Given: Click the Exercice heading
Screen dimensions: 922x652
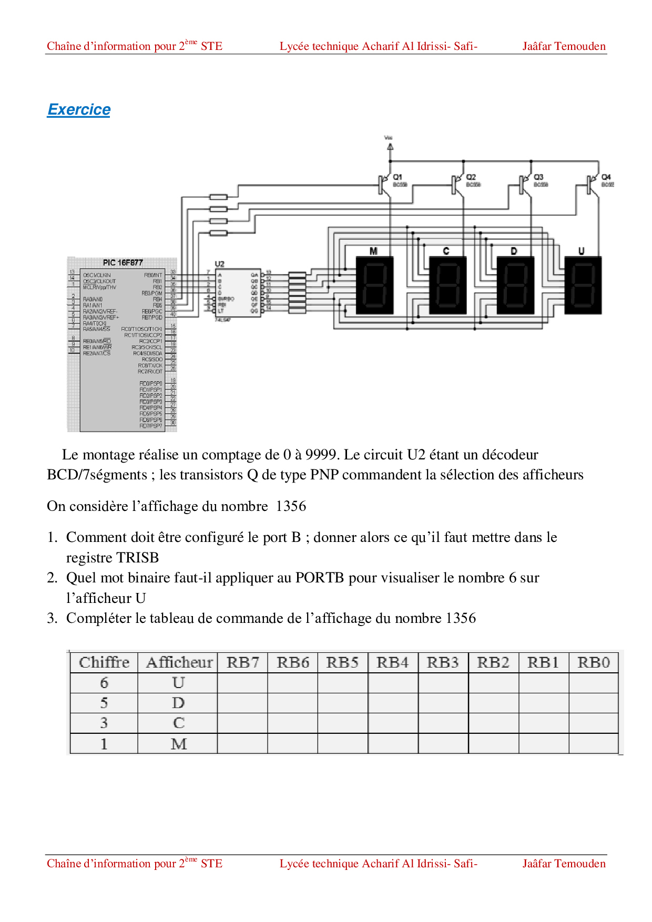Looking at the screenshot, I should [x=79, y=109].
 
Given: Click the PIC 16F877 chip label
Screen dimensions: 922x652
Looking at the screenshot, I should [x=123, y=262].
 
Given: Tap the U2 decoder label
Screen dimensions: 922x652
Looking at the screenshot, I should [x=219, y=264].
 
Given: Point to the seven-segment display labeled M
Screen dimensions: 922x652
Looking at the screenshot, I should [x=374, y=285].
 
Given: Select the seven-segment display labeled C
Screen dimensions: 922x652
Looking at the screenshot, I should [x=447, y=285].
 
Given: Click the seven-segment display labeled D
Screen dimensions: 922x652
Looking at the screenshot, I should [x=515, y=285].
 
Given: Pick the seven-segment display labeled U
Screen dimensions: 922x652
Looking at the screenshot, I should [x=583, y=285].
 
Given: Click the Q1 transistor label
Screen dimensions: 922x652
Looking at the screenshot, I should [x=398, y=177].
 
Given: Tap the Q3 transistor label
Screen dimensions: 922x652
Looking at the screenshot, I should [x=538, y=177].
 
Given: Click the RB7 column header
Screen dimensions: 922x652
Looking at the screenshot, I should [x=242, y=662].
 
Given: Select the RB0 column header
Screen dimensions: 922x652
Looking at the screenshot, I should [x=593, y=662].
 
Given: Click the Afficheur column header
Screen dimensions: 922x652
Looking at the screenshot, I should [x=179, y=662].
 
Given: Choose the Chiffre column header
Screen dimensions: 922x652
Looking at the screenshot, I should [x=104, y=662].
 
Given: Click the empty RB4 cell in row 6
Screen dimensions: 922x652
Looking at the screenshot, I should [x=393, y=683].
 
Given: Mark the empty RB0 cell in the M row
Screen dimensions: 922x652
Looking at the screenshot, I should [x=593, y=744].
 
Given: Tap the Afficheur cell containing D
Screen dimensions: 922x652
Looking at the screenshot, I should [x=178, y=703].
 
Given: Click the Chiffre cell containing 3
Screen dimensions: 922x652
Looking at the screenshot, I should [x=104, y=723].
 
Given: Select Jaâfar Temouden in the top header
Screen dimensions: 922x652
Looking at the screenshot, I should [x=564, y=46].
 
